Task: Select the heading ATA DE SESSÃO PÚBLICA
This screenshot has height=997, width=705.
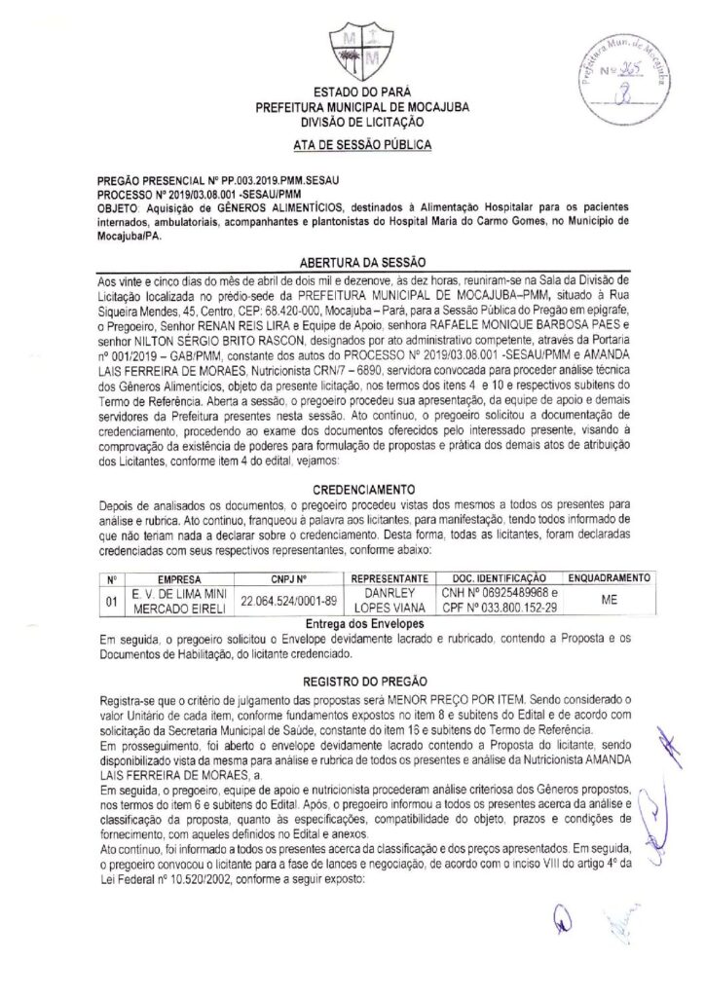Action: tap(352, 145)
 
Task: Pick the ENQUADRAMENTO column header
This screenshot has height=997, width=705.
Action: tap(610, 576)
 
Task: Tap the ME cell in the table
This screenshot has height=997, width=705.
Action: tap(610, 599)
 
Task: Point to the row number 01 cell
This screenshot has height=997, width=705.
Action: tap(112, 599)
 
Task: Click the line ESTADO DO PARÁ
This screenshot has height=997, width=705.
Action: tap(352, 92)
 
